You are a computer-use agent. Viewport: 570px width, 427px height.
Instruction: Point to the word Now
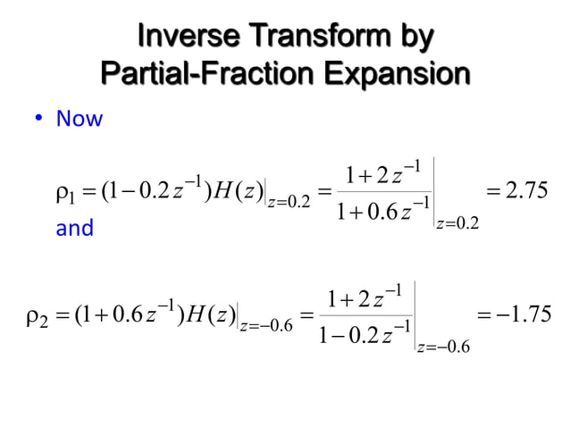pyautogui.click(x=80, y=119)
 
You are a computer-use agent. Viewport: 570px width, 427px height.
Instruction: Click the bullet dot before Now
pyautogui.click(x=41, y=119)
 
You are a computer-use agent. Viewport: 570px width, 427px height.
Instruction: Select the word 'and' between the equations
pyautogui.click(x=74, y=229)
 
